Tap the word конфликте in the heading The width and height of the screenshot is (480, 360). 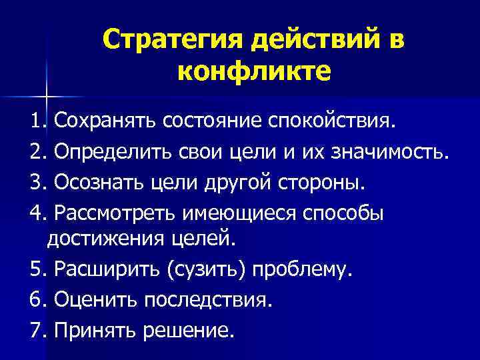[x=254, y=69]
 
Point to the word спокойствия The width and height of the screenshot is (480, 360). [x=335, y=122]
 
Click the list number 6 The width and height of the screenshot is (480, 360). [x=35, y=300]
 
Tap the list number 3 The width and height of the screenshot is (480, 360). [x=35, y=181]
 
